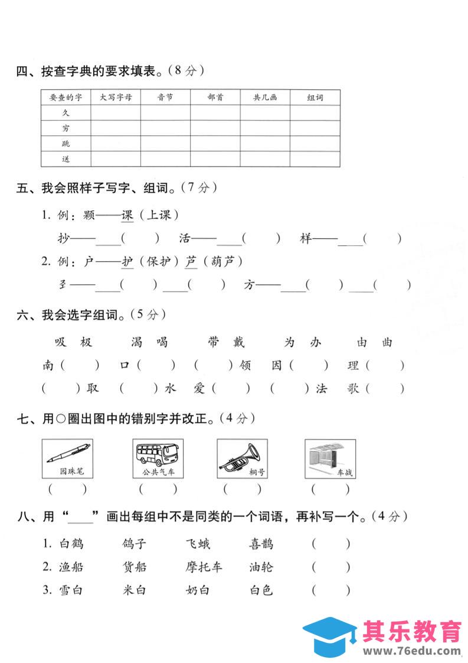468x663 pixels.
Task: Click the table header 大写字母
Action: (x=116, y=97)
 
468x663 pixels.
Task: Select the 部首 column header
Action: (x=215, y=97)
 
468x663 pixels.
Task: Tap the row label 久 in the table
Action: (x=66, y=113)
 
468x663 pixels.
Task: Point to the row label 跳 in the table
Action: (x=66, y=144)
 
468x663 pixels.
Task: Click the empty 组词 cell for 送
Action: (x=315, y=159)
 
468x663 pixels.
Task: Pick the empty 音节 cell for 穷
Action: (x=165, y=128)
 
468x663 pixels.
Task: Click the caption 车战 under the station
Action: (x=344, y=473)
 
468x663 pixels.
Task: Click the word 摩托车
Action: (x=204, y=567)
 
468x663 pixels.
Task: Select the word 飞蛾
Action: (x=198, y=544)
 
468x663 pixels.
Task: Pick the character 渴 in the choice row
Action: (x=138, y=342)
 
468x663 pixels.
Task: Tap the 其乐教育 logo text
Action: (x=413, y=632)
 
